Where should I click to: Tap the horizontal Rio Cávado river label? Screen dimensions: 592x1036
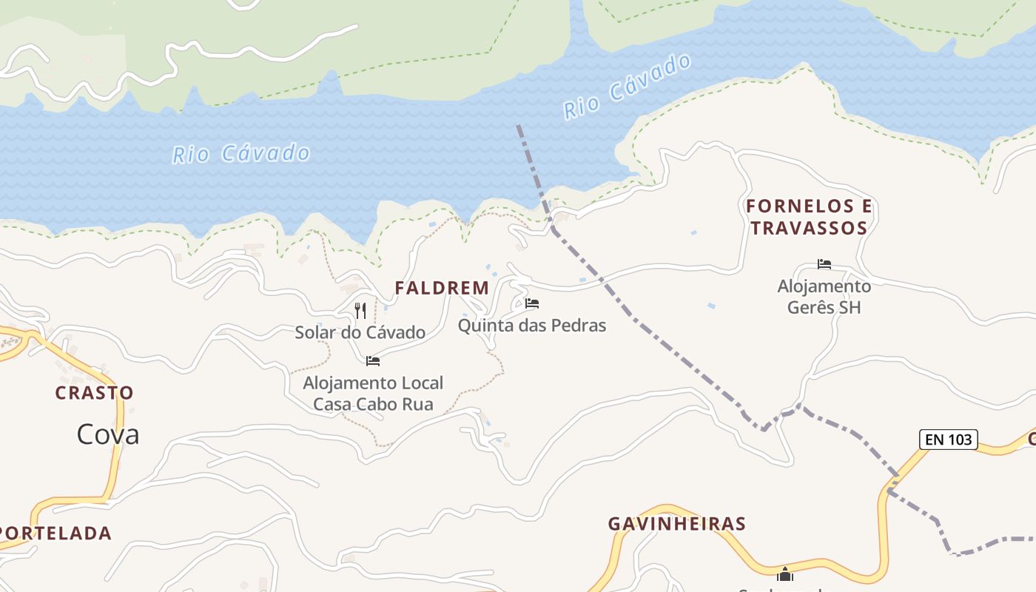pyautogui.click(x=241, y=154)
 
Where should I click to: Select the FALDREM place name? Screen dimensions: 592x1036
pyautogui.click(x=442, y=288)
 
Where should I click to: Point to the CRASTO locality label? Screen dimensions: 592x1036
pyautogui.click(x=95, y=393)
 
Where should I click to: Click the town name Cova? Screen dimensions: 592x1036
pyautogui.click(x=108, y=434)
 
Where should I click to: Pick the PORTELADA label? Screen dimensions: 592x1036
pyautogui.click(x=55, y=533)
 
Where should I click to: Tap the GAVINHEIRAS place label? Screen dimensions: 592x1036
pyautogui.click(x=676, y=524)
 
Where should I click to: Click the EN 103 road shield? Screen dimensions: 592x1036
pyautogui.click(x=948, y=440)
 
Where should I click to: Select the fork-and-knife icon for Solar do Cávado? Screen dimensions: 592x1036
pyautogui.click(x=360, y=310)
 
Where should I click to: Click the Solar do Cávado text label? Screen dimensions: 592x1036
pyautogui.click(x=360, y=332)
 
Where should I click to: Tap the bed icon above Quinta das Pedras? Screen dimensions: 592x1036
pyautogui.click(x=532, y=303)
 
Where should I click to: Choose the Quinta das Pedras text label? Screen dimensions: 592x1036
pyautogui.click(x=532, y=325)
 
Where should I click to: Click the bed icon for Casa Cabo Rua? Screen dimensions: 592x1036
pyautogui.click(x=373, y=361)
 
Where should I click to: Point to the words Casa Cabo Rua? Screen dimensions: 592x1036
pyautogui.click(x=373, y=404)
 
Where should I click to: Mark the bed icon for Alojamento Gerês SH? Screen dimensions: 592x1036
pyautogui.click(x=824, y=264)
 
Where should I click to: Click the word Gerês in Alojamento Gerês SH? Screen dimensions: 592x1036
pyautogui.click(x=813, y=307)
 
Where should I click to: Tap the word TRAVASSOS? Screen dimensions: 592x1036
pyautogui.click(x=809, y=228)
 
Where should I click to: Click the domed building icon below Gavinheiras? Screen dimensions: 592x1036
pyautogui.click(x=785, y=574)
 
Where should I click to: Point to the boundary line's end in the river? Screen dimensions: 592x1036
pyautogui.click(x=518, y=126)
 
